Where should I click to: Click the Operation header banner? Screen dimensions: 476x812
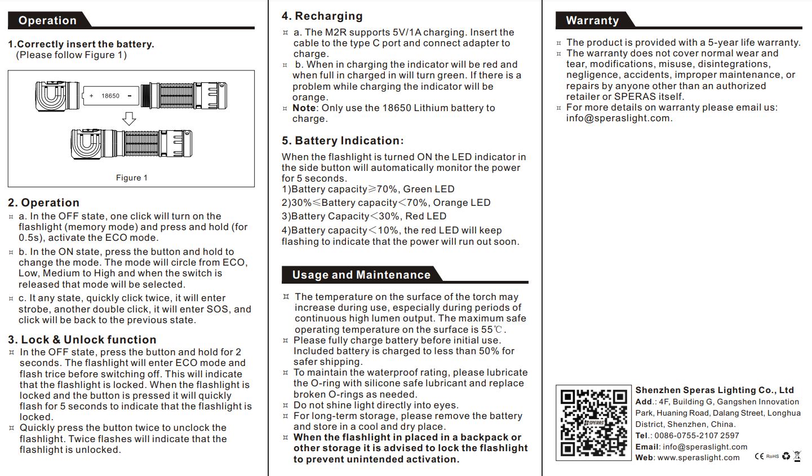48,21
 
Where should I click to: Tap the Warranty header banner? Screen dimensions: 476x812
592,21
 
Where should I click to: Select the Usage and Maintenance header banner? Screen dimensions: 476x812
361,275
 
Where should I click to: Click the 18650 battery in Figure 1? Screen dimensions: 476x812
110,96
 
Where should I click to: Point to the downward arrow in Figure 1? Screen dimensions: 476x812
129,118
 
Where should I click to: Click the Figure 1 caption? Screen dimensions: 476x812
131,178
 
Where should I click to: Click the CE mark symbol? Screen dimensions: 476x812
759,456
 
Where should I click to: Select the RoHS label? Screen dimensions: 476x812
772,456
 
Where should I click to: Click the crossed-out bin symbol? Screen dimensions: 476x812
797,456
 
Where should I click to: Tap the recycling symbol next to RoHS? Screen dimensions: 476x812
786,456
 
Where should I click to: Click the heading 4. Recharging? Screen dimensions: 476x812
322,16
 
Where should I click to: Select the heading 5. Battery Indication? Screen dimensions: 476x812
343,141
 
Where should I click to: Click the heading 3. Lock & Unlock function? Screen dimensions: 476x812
82,340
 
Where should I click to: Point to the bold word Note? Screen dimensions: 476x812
304,108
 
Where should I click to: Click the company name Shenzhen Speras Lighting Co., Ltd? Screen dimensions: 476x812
714,390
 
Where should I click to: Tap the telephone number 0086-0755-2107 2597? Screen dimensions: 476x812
696,435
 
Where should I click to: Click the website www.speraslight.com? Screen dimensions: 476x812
698,457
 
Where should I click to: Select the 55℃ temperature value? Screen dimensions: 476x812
493,329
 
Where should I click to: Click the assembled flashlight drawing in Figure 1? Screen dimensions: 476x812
132,144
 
